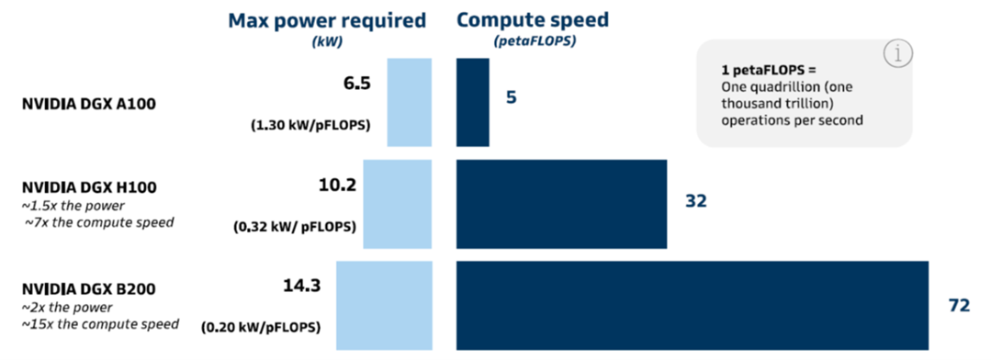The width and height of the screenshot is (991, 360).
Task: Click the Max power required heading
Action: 327,20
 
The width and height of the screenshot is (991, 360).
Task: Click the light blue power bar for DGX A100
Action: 410,102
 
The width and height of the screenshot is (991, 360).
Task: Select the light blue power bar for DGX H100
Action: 398,204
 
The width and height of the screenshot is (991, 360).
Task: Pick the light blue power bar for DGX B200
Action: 384,306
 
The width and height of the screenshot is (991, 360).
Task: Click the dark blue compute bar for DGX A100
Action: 473,102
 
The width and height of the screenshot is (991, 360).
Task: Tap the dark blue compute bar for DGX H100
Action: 562,204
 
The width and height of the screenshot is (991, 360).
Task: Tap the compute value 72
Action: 959,306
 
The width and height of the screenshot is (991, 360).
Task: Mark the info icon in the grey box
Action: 896,54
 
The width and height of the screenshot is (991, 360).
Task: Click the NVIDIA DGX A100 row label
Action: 88,104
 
